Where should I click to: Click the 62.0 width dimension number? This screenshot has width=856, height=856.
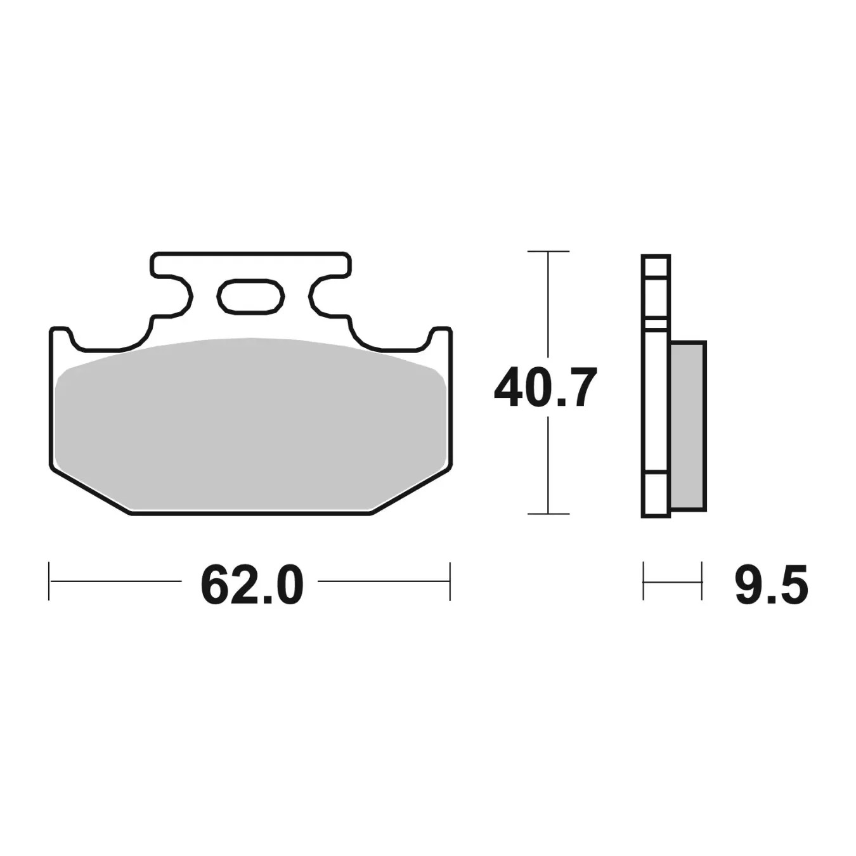252,585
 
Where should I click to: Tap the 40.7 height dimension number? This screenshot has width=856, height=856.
545,387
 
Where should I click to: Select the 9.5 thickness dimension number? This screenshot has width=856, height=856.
771,585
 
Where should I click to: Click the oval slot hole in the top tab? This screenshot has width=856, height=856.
250,296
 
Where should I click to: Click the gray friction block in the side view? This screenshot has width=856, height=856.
687,427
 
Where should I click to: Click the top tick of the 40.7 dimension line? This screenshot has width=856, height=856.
548,252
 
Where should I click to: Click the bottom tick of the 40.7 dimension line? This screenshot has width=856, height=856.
548,514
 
